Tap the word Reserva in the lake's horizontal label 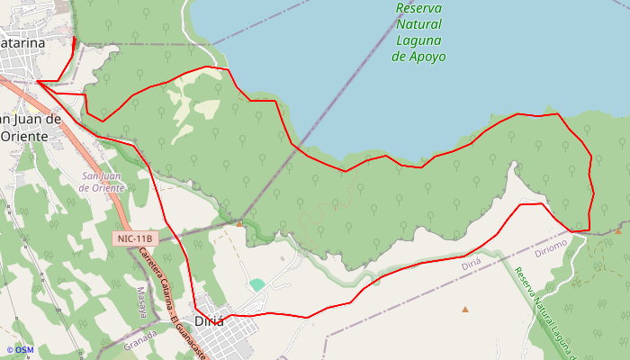click(x=418, y=9)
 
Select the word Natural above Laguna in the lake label click(x=418, y=25)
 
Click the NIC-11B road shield click(x=136, y=238)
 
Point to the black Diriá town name click(x=209, y=319)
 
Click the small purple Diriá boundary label click(x=471, y=265)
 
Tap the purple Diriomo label click(x=551, y=244)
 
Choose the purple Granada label click(x=139, y=343)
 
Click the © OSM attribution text click(x=20, y=350)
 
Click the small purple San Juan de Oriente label click(x=101, y=182)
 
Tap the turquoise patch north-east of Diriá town click(x=257, y=284)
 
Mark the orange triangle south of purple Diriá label click(x=465, y=310)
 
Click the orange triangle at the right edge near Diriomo click(x=618, y=230)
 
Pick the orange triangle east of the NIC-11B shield click(x=239, y=222)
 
